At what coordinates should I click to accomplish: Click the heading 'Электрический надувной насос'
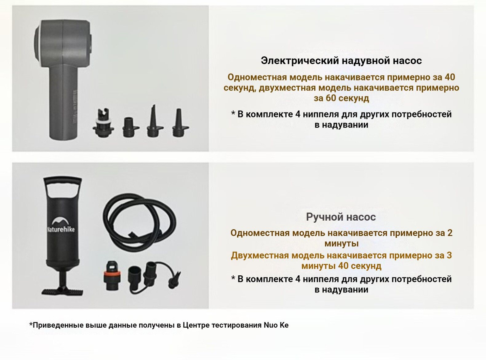click(x=341, y=61)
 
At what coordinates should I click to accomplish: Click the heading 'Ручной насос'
click(x=341, y=217)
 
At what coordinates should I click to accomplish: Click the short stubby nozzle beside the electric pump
click(x=130, y=127)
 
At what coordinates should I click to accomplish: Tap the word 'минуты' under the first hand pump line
click(x=341, y=244)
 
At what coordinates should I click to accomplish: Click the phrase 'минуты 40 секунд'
click(x=341, y=266)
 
